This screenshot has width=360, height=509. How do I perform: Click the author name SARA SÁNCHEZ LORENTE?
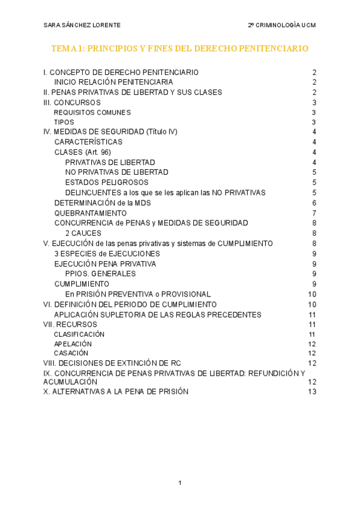tap(82, 25)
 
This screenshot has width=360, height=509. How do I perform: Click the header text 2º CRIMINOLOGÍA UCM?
tap(281, 25)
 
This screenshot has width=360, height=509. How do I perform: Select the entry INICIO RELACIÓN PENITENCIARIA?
tap(113, 82)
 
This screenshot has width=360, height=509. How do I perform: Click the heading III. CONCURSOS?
tap(72, 103)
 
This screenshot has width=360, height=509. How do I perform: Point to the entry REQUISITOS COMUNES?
tap(92, 112)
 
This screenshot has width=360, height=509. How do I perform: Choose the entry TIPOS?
tap(64, 122)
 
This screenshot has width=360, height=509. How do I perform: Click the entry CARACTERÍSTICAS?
tap(88, 142)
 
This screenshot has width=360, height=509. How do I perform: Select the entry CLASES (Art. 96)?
tap(82, 152)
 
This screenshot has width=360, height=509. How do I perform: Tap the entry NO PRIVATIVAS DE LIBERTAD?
tap(116, 172)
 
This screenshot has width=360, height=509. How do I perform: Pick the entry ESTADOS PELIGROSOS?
tap(107, 182)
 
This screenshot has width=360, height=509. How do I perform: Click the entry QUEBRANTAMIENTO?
tap(91, 213)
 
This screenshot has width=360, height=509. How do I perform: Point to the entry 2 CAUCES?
tap(83, 233)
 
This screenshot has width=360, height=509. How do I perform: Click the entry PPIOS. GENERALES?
tap(100, 274)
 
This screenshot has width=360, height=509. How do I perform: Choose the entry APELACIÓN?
tap(73, 344)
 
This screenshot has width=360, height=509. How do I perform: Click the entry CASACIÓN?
tap(71, 354)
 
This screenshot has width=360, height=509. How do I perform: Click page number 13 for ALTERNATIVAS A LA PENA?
tap(311, 392)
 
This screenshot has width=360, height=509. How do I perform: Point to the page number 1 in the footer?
tap(179, 483)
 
